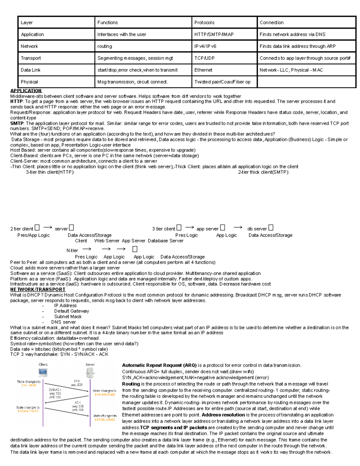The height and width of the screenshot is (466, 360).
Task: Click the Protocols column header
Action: click(x=204, y=23)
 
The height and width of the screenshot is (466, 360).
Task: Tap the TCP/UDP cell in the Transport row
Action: click(x=204, y=58)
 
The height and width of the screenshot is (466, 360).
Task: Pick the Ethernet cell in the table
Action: click(x=203, y=70)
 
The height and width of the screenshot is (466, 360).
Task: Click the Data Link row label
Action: click(x=31, y=70)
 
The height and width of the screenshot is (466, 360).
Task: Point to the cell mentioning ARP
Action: click(x=297, y=46)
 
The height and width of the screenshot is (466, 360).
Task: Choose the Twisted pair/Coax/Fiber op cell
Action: click(x=222, y=82)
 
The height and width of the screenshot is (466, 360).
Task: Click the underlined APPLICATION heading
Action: click(x=26, y=91)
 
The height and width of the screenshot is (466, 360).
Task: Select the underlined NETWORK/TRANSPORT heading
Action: click(x=38, y=290)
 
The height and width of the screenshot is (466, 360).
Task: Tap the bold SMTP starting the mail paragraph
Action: click(x=17, y=123)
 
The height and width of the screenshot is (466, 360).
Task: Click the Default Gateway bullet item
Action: click(x=71, y=311)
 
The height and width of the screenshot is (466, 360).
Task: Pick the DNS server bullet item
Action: click(x=63, y=322)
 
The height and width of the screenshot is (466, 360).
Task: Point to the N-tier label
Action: click(x=72, y=250)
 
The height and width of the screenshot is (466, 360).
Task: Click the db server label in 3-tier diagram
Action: click(x=257, y=229)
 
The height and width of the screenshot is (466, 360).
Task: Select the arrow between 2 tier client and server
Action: click(x=48, y=228)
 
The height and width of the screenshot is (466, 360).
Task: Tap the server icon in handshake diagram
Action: click(x=90, y=373)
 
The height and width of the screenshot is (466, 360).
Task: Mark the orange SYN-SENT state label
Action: click(x=28, y=386)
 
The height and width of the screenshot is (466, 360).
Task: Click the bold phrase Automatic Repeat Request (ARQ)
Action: click(x=159, y=365)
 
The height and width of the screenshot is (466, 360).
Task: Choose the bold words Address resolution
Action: click(x=223, y=415)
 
